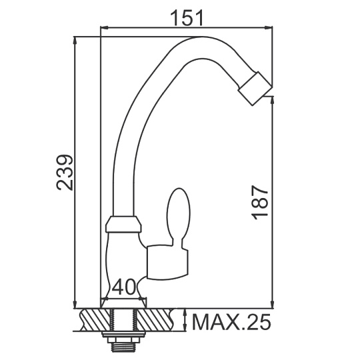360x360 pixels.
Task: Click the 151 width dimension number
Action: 187,19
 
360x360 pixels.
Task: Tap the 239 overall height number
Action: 65,173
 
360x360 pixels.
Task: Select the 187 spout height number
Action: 260,203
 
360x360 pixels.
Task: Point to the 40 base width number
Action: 124,287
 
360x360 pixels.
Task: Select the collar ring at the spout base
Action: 123,224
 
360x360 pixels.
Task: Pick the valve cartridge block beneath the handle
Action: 167,263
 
